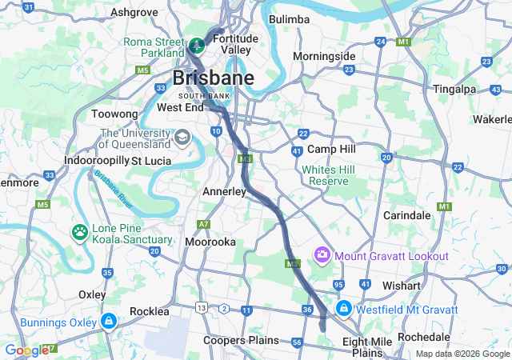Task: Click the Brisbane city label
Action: click(x=214, y=78)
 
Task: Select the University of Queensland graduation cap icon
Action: click(x=183, y=138)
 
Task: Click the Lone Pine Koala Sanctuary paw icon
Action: click(x=80, y=233)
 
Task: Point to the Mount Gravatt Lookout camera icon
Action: click(x=322, y=255)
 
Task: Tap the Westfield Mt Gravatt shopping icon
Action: click(x=343, y=308)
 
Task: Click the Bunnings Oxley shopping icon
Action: click(x=107, y=322)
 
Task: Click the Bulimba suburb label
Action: click(x=289, y=19)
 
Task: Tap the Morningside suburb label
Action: click(x=324, y=57)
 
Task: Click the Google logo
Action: click(x=26, y=350)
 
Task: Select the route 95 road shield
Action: click(x=339, y=285)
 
